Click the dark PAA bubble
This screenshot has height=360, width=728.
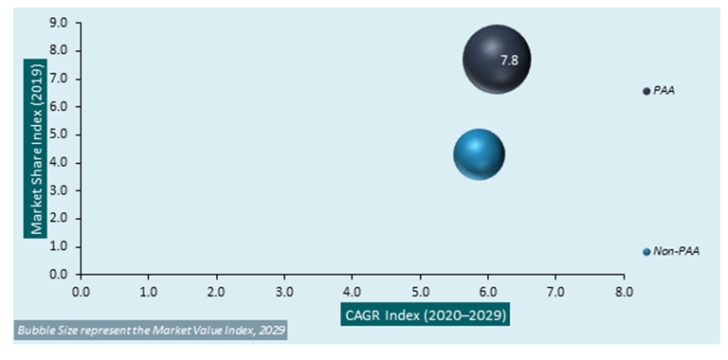click(x=496, y=59)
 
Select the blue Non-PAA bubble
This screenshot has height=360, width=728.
click(x=479, y=154)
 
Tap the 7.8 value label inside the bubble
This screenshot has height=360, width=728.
click(x=509, y=60)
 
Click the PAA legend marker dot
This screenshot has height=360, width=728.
click(x=646, y=91)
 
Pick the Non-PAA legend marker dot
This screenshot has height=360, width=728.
click(x=646, y=252)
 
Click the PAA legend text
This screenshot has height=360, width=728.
click(x=664, y=91)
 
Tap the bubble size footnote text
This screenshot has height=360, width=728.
click(x=152, y=330)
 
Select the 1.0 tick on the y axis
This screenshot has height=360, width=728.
click(x=60, y=246)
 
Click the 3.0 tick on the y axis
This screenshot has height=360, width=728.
click(x=60, y=190)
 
